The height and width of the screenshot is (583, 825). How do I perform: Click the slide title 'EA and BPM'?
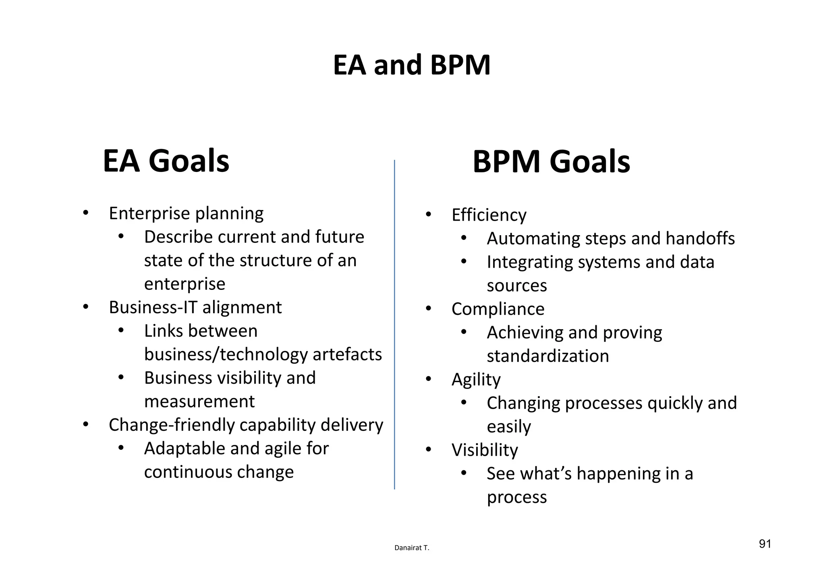tap(412, 65)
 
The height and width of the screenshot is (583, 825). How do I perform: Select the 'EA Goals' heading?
tap(166, 161)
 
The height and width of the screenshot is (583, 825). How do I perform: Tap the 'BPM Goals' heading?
tap(551, 162)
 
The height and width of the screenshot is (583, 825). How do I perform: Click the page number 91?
tap(765, 544)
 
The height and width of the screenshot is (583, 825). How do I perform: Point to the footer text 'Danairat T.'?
tap(412, 548)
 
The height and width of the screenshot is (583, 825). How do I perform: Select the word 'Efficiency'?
tap(489, 215)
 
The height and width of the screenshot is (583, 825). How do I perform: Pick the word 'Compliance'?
tap(497, 309)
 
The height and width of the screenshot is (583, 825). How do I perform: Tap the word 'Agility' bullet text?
tap(476, 380)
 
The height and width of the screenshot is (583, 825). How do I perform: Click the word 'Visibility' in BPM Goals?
tap(485, 450)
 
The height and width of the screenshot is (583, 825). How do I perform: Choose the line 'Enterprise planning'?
tap(186, 213)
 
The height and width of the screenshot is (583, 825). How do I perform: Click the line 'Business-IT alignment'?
tap(195, 308)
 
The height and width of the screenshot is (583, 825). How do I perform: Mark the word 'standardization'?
tap(547, 356)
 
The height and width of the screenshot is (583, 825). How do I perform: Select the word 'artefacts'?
tap(347, 355)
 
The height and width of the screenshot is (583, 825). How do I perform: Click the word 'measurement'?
tap(199, 401)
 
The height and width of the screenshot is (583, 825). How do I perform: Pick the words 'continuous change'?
tap(219, 472)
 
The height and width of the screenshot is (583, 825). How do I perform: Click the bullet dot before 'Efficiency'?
tap(428, 215)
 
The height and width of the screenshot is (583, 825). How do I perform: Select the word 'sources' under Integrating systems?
tap(516, 286)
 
